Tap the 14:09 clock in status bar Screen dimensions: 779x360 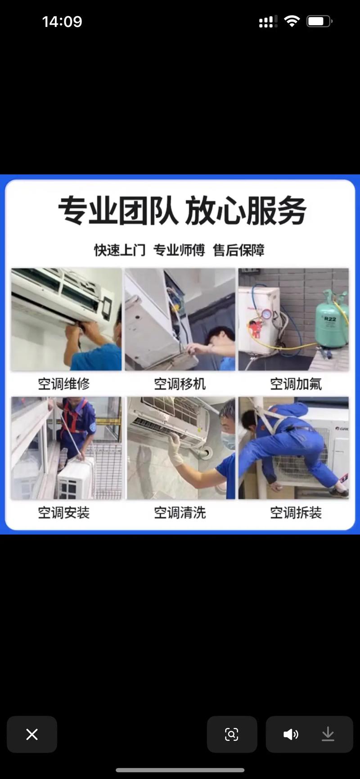coord(62,22)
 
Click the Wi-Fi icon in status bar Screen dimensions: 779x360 coord(292,21)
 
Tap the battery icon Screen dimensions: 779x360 coord(319,21)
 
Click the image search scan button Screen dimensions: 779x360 coord(232,734)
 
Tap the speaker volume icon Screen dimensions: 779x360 coord(290,734)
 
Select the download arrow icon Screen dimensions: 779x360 coord(328,734)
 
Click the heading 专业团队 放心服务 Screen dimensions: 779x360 coord(182,211)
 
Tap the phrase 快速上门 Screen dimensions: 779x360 coord(120,250)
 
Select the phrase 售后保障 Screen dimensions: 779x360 coord(238,250)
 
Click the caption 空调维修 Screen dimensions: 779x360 coord(64,384)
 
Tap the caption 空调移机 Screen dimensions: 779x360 coord(180,384)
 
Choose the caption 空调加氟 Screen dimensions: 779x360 coord(296,384)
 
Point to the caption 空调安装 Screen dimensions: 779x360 coord(64,513)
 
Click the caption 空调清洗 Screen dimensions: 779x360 coord(180,513)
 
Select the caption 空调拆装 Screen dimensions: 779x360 coord(296,513)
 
